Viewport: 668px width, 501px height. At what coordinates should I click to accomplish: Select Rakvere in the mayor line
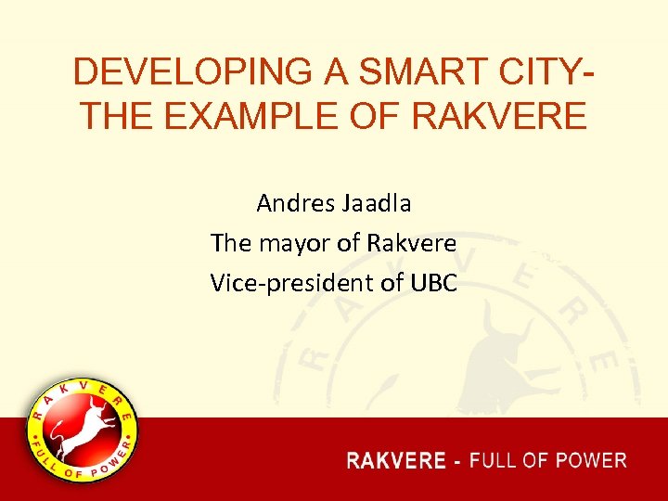pos(412,243)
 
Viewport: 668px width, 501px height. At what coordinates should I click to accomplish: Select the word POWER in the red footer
pos(593,460)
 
